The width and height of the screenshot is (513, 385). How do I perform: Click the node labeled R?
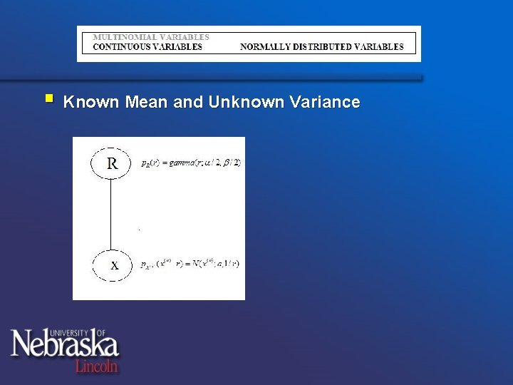112,163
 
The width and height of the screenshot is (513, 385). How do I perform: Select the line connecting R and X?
112,214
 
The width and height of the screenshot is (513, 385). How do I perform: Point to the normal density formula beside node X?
190,264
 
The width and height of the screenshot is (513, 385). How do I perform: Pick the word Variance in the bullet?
325,102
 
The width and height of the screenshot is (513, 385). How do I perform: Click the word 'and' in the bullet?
187,102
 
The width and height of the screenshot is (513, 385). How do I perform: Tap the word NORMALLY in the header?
264,47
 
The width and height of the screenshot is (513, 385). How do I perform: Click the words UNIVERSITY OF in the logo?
78,332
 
